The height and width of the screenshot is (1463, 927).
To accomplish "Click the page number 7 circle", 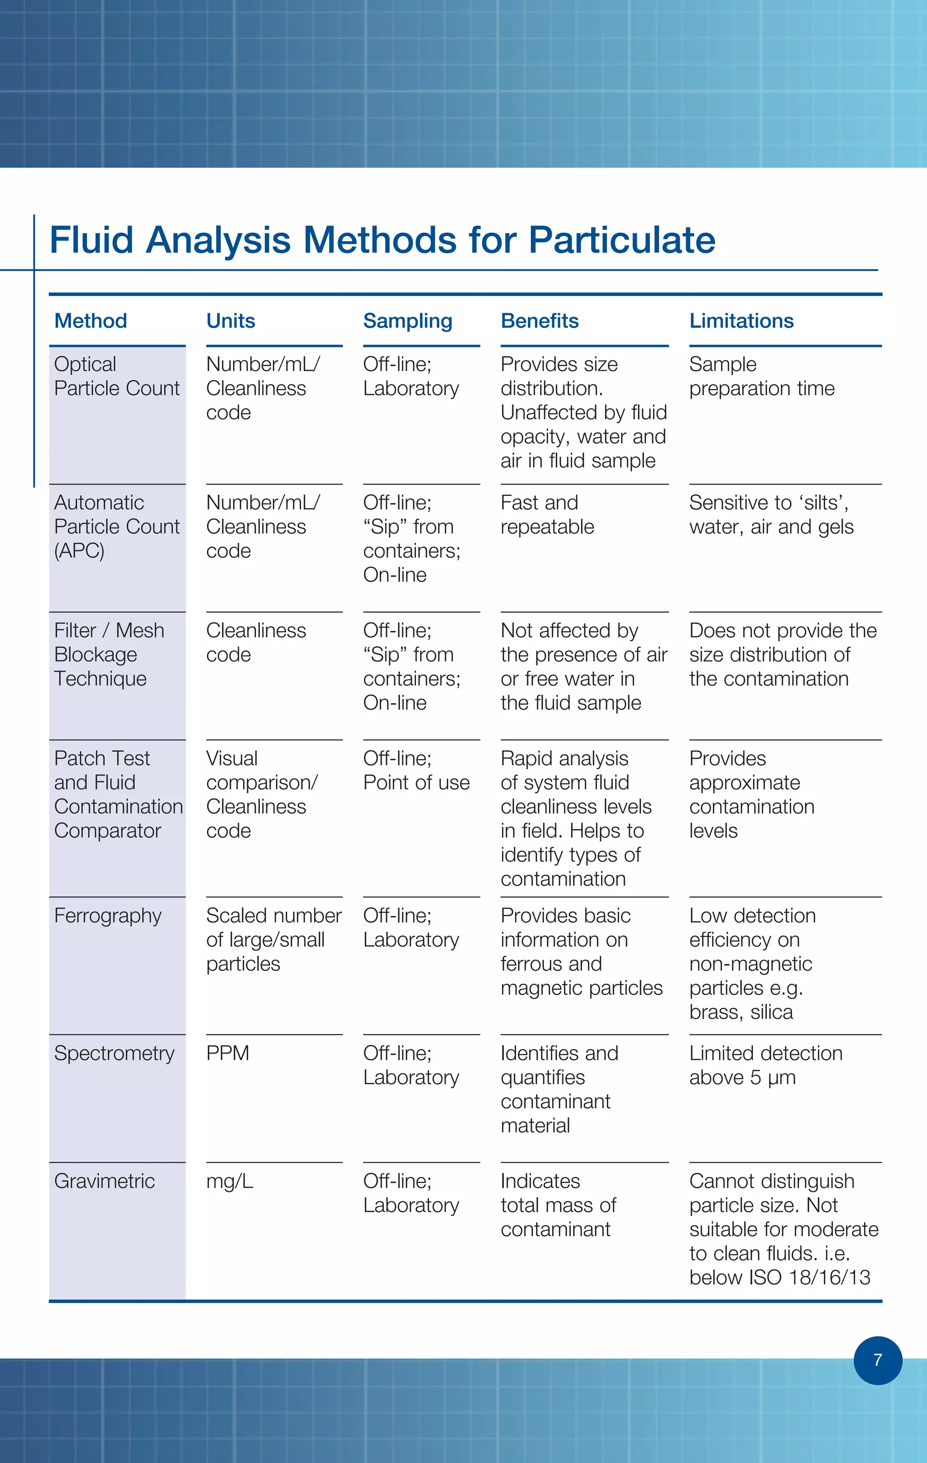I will (x=877, y=1360).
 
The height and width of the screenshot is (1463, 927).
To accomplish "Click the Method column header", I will (x=91, y=321).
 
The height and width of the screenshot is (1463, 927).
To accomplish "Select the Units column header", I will (x=230, y=321).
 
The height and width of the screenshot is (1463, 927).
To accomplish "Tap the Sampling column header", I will (x=407, y=321).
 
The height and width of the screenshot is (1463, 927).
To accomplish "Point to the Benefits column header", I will (x=539, y=321).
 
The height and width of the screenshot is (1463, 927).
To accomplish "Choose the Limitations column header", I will (x=741, y=321).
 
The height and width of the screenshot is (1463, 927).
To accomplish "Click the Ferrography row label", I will (x=108, y=915).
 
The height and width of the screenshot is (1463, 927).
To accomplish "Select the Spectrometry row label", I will (x=114, y=1053).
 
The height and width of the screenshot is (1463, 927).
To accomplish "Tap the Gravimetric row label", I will (x=105, y=1181).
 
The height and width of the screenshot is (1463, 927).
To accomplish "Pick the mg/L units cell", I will (x=229, y=1181).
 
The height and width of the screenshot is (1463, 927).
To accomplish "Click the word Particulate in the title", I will (x=621, y=239).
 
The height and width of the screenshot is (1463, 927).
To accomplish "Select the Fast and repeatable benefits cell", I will (x=547, y=515).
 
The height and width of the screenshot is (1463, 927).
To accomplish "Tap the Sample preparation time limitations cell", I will (x=762, y=376).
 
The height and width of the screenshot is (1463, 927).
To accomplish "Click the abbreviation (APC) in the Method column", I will (x=79, y=550).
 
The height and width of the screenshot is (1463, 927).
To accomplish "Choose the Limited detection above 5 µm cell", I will (x=765, y=1065).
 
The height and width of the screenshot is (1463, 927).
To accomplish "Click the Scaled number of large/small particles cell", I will (x=273, y=939).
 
